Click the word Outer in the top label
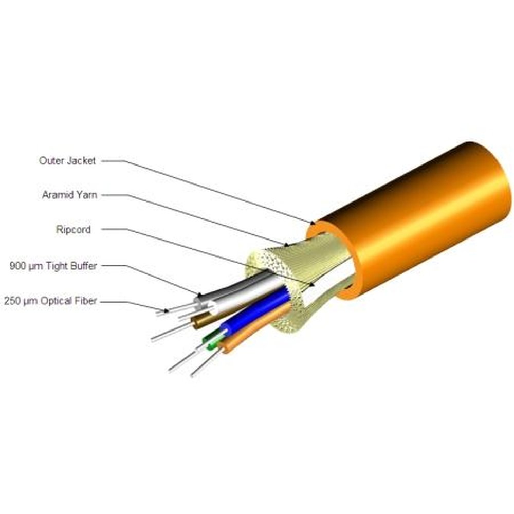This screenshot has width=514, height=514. (x=51, y=161)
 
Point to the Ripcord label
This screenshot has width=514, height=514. (x=73, y=229)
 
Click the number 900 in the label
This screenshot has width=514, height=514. (x=19, y=266)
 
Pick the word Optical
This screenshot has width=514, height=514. (x=56, y=301)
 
